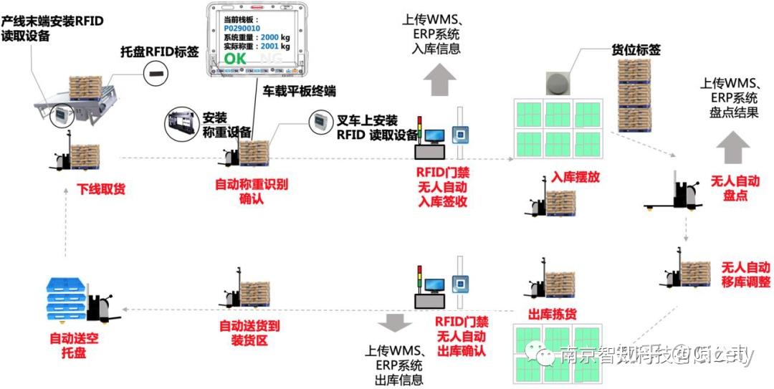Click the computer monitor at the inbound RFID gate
tap(434, 135)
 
